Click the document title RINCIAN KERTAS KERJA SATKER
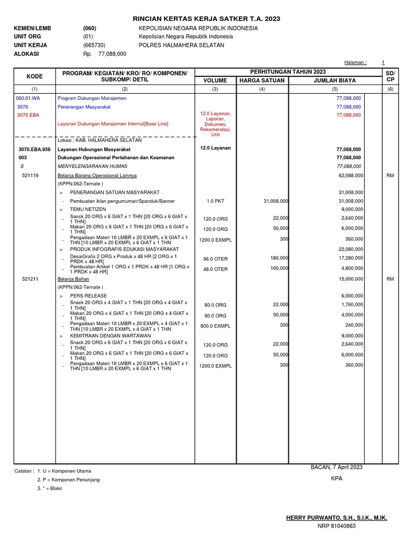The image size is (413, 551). point(206,19)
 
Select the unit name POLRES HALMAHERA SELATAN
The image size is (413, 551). point(181,45)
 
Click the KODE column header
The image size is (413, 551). point(34,76)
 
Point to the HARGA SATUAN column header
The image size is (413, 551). point(262,81)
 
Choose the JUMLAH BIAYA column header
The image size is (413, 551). point(334,81)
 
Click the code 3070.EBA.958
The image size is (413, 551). point(34,149)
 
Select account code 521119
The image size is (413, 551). point(30,175)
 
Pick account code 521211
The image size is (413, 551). point(30,279)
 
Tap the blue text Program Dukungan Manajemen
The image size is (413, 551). point(90,98)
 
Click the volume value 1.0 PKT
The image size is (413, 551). point(215,201)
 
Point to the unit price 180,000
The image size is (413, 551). point(279,258)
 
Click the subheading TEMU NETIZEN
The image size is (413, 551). point(88,209)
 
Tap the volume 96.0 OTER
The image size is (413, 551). point(215,259)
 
